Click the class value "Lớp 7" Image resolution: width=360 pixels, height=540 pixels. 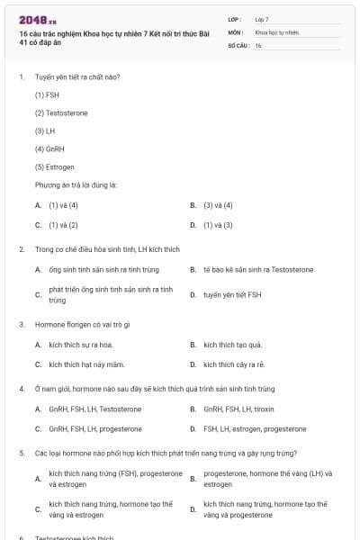point(262,19)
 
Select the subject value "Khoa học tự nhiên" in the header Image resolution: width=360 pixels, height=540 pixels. point(276,31)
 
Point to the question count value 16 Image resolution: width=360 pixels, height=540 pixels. point(258,44)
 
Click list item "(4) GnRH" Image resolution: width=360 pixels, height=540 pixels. point(49,148)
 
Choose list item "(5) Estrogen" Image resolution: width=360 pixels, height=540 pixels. point(54,166)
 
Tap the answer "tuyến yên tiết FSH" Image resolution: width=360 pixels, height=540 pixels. point(232,294)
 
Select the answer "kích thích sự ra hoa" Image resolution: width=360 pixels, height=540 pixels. point(81,345)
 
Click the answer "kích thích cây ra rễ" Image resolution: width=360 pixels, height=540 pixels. point(234,364)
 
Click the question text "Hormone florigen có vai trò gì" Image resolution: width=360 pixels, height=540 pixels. point(83,324)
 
